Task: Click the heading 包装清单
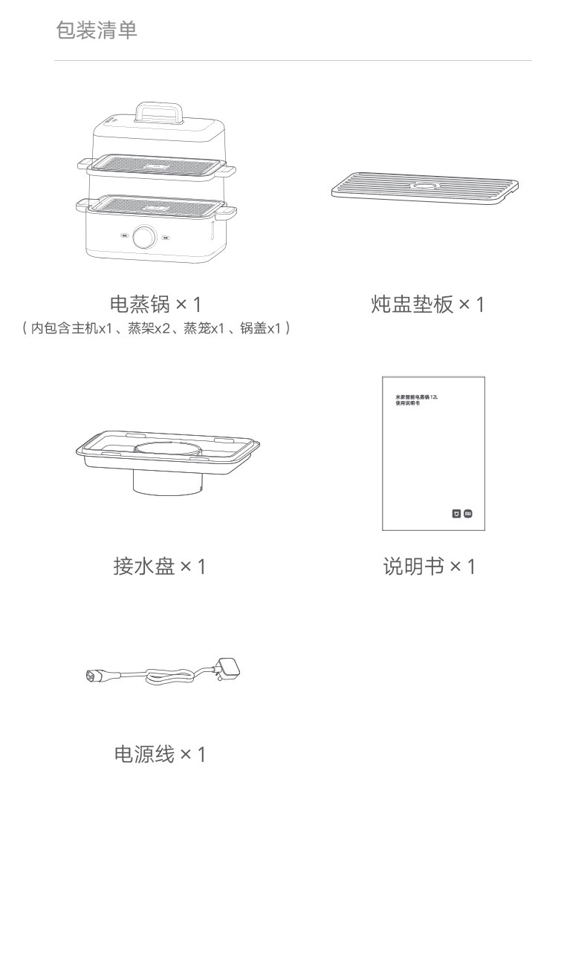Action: [x=97, y=30]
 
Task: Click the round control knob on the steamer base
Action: [x=144, y=238]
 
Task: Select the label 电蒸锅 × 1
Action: [x=155, y=304]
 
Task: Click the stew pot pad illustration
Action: [x=424, y=189]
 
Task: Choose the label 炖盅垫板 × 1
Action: [x=427, y=304]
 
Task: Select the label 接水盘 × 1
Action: [x=159, y=567]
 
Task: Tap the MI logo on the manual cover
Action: [x=468, y=513]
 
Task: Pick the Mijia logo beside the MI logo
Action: [x=456, y=513]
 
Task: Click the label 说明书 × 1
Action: [x=429, y=567]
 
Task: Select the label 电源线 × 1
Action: [x=159, y=754]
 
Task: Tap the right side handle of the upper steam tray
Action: [x=229, y=172]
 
